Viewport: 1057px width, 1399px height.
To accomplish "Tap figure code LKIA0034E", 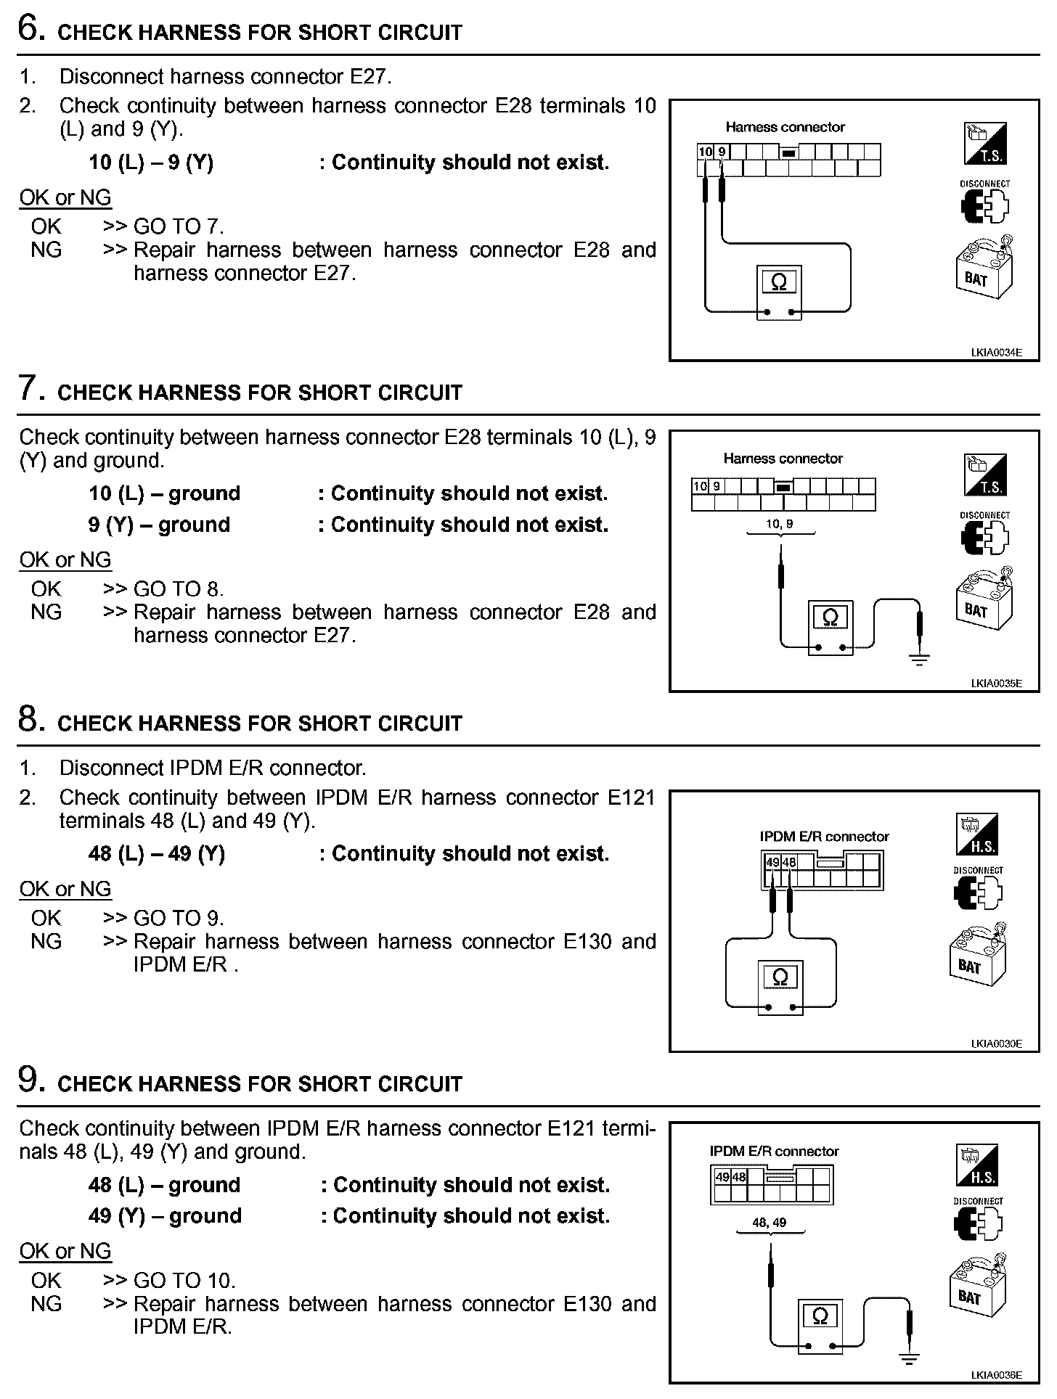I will point(996,353).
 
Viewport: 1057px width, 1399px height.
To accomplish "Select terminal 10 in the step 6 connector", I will point(705,152).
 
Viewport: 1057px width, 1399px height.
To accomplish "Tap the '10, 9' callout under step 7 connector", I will point(779,523).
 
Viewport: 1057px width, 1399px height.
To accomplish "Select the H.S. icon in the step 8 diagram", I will point(977,834).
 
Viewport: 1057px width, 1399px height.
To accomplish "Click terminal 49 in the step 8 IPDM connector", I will point(772,862).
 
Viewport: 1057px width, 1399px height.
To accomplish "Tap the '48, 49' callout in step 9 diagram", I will point(769,1222).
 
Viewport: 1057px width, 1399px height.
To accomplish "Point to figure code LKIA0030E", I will point(996,1043).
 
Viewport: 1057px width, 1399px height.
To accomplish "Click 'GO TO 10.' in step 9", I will point(184,1281).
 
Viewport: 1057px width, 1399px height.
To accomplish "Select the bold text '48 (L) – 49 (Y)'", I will point(157,853).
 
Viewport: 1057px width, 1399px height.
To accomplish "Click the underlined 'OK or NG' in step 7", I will point(65,559).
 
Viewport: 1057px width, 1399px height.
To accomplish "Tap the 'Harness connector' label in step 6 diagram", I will point(785,127).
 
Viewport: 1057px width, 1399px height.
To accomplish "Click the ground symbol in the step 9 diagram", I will point(909,1355).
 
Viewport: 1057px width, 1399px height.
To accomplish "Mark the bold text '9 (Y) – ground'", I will point(159,525).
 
